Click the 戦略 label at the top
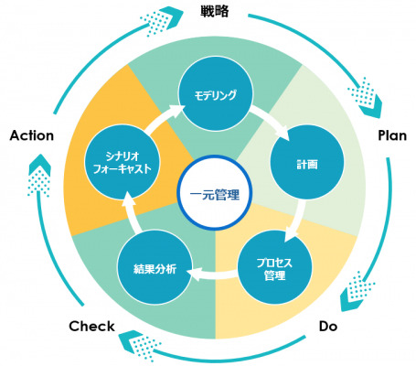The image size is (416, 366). pos(215,12)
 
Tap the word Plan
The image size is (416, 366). pos(392,135)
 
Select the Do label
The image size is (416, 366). pos(328,327)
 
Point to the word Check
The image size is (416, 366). pos(91,326)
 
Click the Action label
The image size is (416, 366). pos(32,135)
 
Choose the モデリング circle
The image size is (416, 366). pos(216,94)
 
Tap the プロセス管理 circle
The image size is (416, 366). pos(275,267)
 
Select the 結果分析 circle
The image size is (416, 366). pos(155,267)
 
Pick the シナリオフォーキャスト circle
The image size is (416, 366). pos(122,162)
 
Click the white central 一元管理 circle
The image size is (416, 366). pos(215,192)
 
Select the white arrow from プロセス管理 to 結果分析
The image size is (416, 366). pos(213,274)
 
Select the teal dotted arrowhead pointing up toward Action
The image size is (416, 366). pos(39,176)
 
